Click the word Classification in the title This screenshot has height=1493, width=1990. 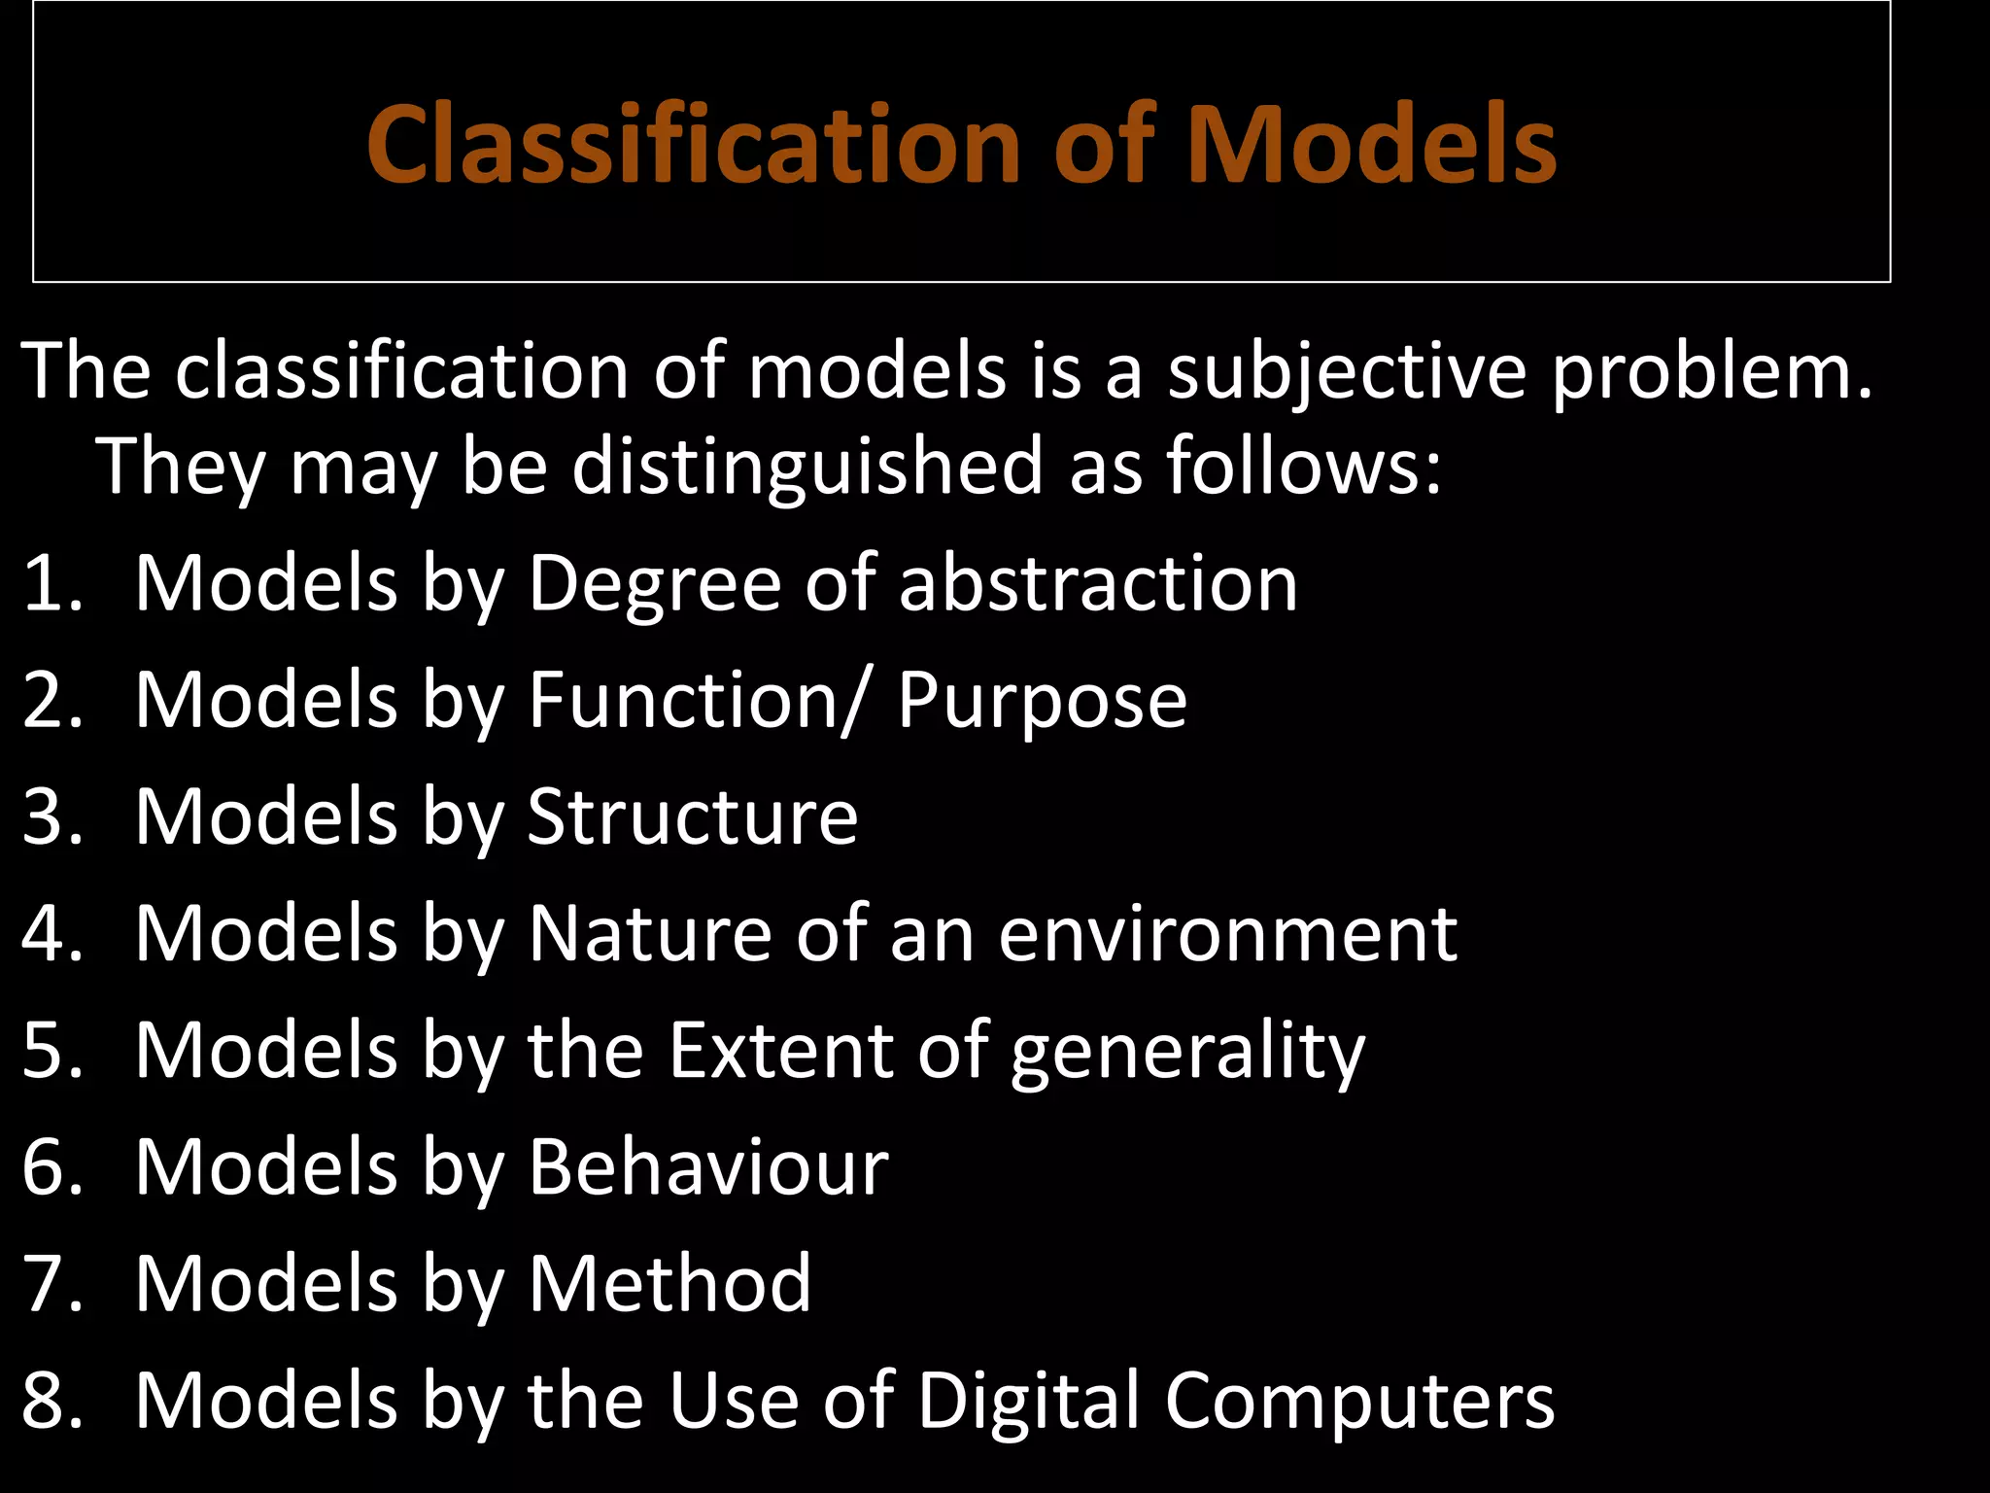[693, 146]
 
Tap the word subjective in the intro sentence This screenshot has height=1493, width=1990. [1347, 372]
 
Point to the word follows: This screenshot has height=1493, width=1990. [1304, 466]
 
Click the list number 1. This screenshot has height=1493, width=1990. [51, 583]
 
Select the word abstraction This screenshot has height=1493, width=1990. [1098, 583]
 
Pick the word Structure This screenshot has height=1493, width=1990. [692, 816]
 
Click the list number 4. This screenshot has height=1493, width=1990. [51, 933]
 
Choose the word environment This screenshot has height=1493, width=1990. [1227, 934]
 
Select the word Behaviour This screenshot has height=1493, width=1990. [707, 1166]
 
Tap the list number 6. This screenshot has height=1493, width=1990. [51, 1166]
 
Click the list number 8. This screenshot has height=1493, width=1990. [51, 1400]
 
